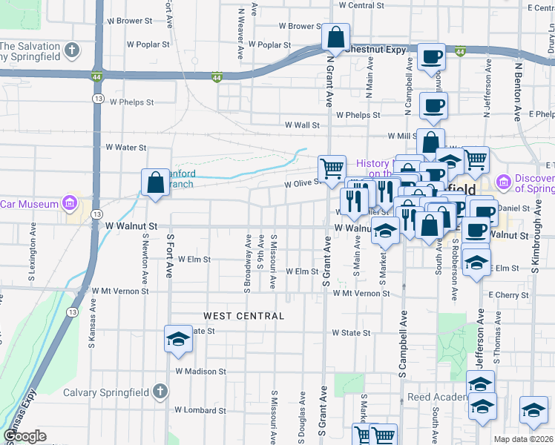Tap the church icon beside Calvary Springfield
[159, 392]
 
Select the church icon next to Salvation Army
[70, 50]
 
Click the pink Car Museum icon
[69, 202]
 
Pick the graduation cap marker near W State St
[177, 339]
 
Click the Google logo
[24, 436]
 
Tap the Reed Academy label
[438, 397]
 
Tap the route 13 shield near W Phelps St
[98, 98]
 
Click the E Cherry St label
[510, 294]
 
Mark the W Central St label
[361, 5]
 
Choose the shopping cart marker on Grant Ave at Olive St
[332, 167]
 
